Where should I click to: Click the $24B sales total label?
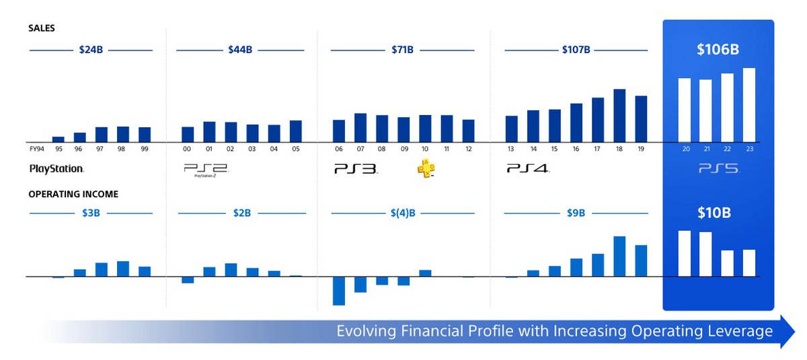click(91, 50)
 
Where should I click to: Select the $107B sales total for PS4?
click(576, 50)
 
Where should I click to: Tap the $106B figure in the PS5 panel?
click(718, 49)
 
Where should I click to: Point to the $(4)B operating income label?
click(403, 213)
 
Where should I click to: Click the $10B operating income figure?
click(714, 213)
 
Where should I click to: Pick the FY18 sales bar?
click(619, 116)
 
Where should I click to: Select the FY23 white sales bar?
click(749, 105)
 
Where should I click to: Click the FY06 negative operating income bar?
click(339, 291)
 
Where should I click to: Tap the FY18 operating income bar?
click(619, 256)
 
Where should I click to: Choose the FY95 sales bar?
click(58, 139)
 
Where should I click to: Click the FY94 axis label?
click(37, 149)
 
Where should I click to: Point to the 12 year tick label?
click(468, 149)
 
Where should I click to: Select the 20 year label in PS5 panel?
click(686, 149)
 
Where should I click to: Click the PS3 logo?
click(356, 169)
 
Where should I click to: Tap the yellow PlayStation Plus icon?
click(426, 168)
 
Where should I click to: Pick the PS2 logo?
click(206, 170)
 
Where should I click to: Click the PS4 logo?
click(528, 168)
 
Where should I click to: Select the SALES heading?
click(42, 28)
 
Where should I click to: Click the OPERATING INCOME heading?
click(73, 194)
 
